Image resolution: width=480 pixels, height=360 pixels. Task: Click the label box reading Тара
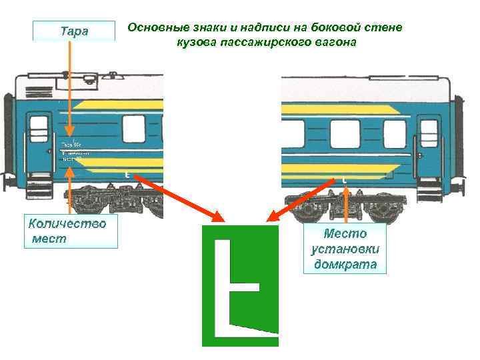(x=74, y=31)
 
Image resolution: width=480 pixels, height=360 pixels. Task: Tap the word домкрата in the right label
(x=345, y=265)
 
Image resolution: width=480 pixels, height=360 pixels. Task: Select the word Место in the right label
(x=345, y=233)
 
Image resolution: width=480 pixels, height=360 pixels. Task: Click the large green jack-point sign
(x=240, y=285)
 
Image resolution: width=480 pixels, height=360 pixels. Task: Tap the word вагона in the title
(x=339, y=42)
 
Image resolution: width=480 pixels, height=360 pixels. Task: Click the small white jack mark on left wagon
(x=126, y=175)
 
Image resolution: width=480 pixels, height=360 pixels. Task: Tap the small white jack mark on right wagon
(x=344, y=180)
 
